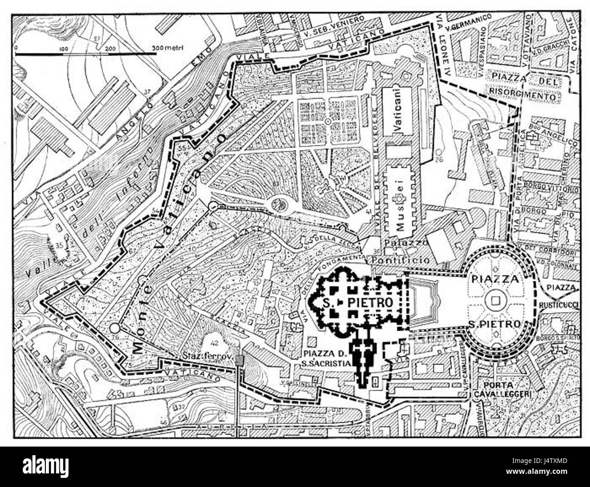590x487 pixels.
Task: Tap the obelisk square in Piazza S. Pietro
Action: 494,300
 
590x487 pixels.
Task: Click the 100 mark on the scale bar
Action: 63,48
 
